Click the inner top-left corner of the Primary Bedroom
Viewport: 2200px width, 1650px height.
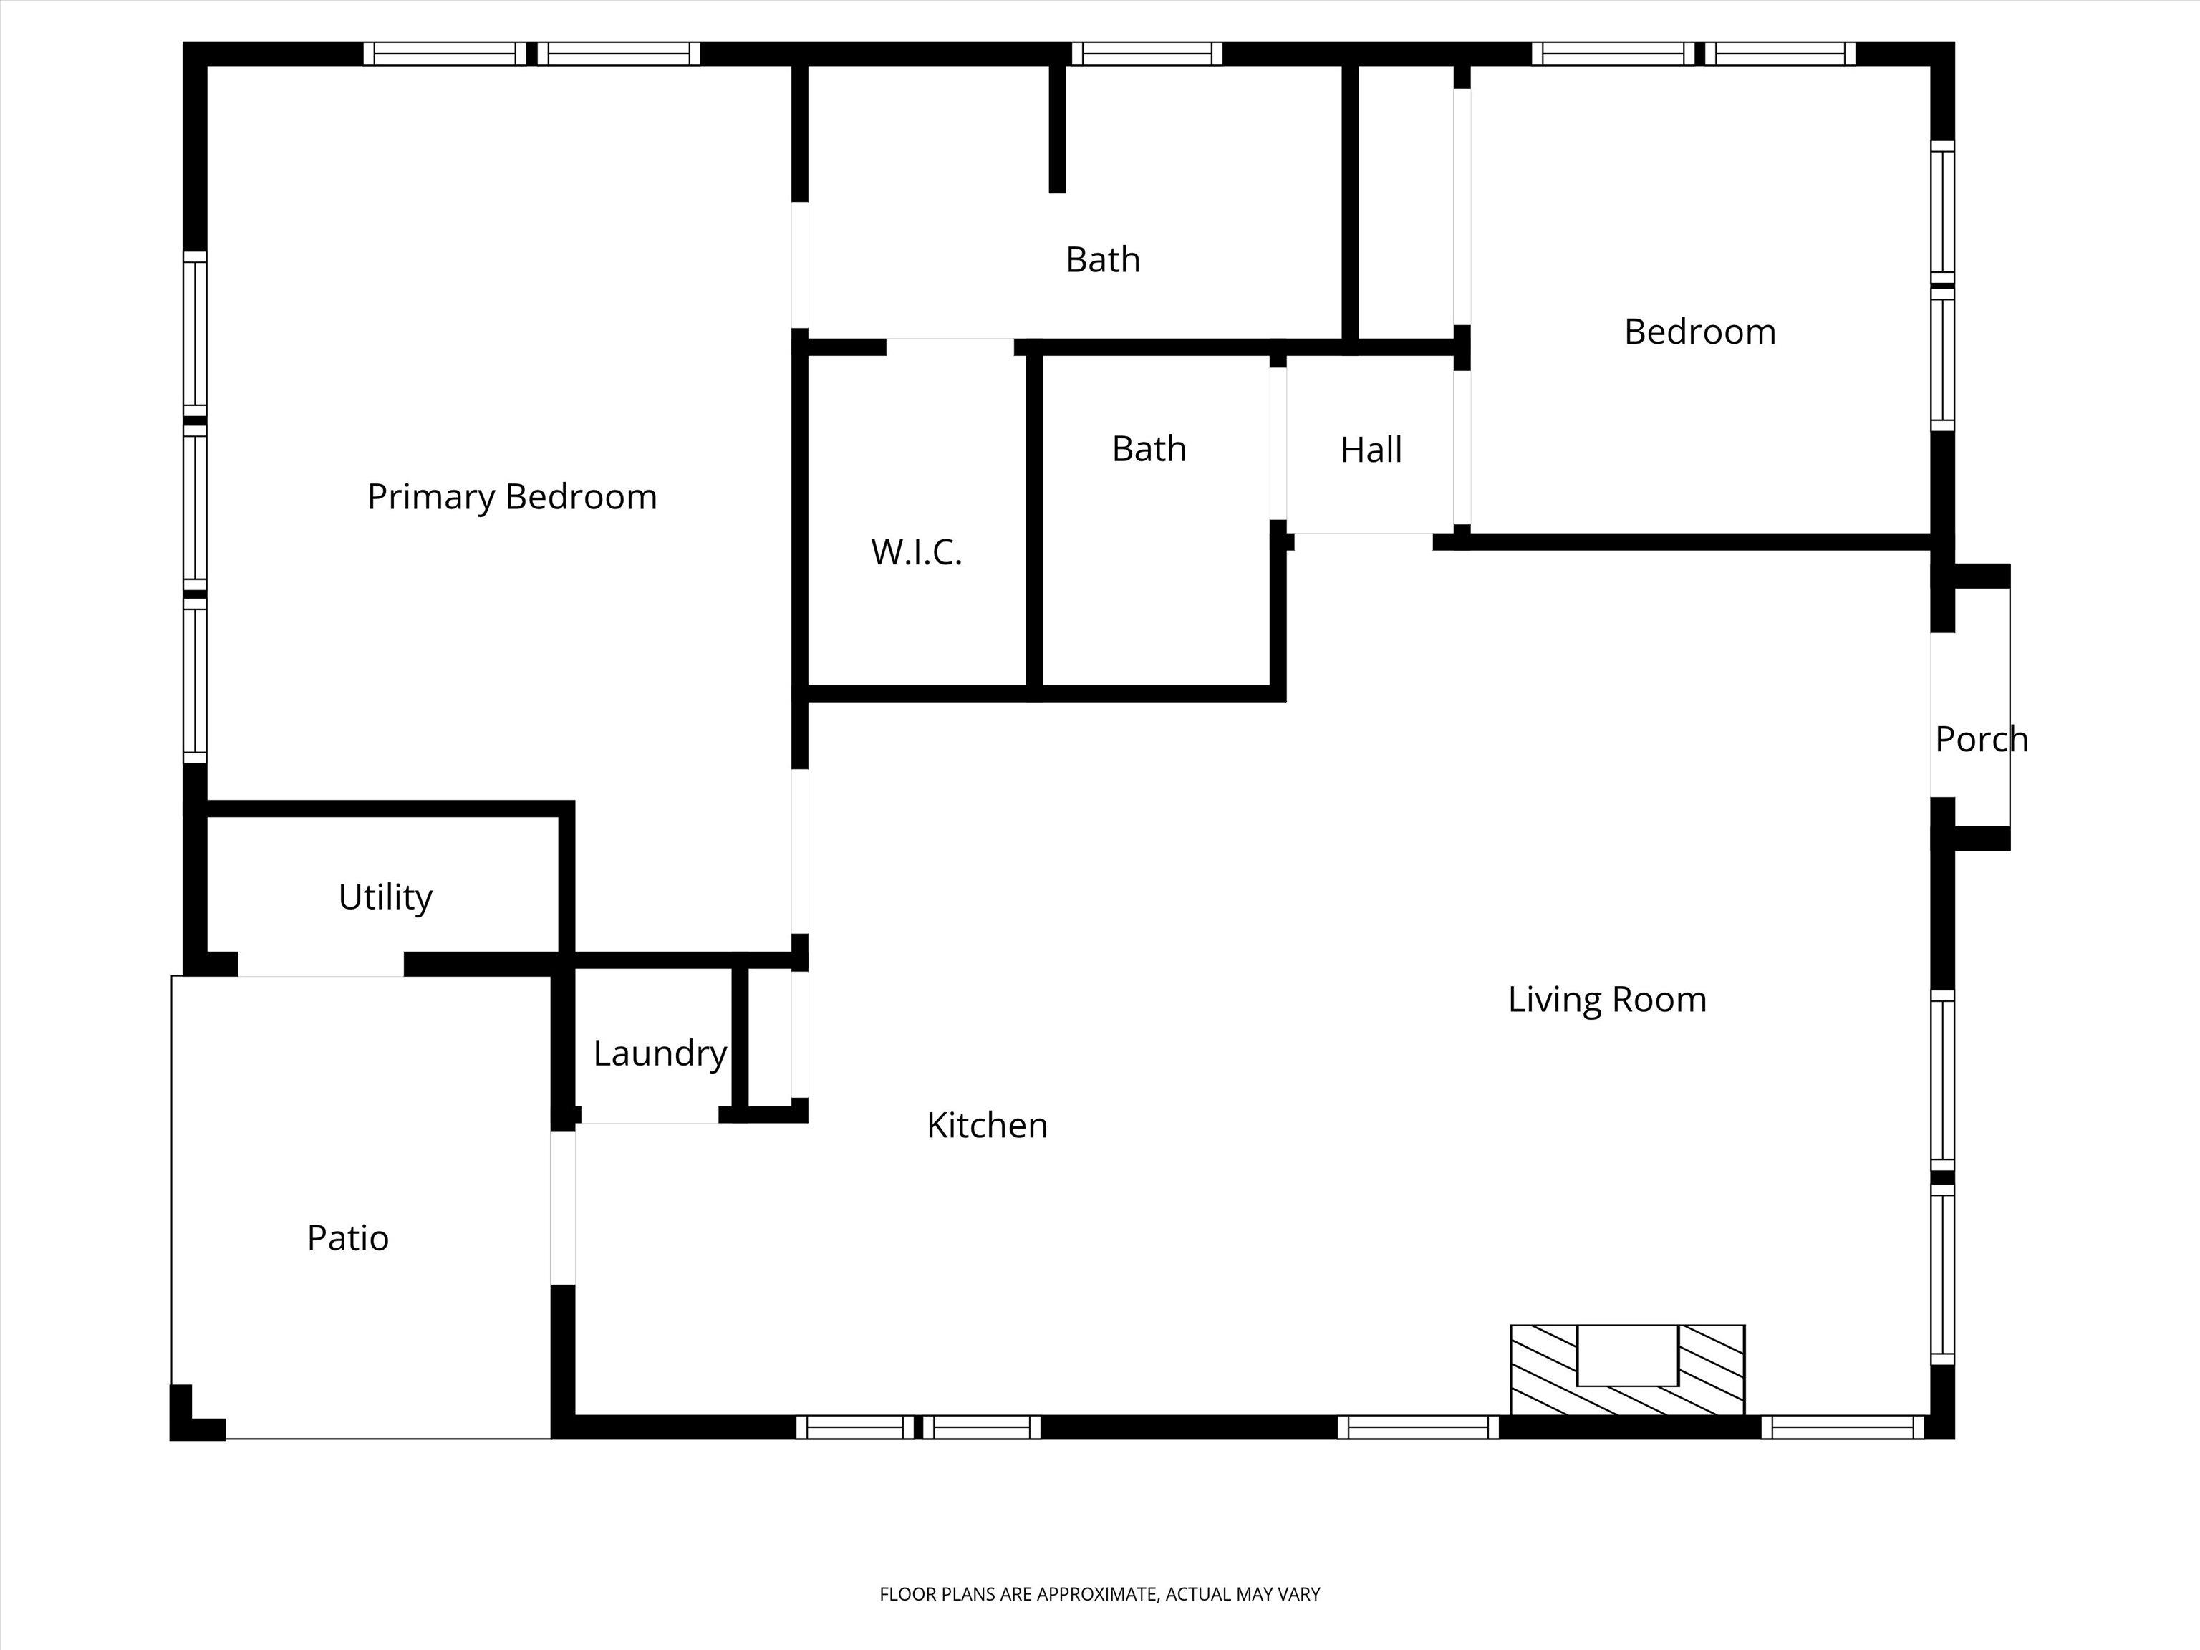coord(208,67)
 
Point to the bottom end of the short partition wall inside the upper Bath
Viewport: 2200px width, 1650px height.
coord(1057,192)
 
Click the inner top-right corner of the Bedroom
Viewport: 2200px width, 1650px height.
coord(1931,67)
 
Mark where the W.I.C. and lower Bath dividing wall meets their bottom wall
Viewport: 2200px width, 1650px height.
coord(1034,686)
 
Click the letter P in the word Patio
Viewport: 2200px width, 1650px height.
coord(315,1237)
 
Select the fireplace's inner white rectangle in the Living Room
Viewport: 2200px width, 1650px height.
coord(1628,1355)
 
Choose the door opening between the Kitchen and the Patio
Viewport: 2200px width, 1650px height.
coord(563,1207)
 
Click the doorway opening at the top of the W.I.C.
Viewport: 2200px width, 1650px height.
coord(950,347)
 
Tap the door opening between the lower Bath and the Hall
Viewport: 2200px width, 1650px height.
coord(1278,443)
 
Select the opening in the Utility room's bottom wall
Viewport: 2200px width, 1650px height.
coord(320,964)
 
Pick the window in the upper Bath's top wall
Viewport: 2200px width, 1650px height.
coord(1147,54)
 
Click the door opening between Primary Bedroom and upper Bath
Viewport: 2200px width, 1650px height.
coord(800,264)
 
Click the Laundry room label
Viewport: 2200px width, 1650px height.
coord(660,1053)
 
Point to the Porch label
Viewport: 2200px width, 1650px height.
coord(1981,739)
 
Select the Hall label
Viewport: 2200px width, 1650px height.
coord(1371,450)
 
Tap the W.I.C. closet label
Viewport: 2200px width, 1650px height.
coord(916,552)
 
